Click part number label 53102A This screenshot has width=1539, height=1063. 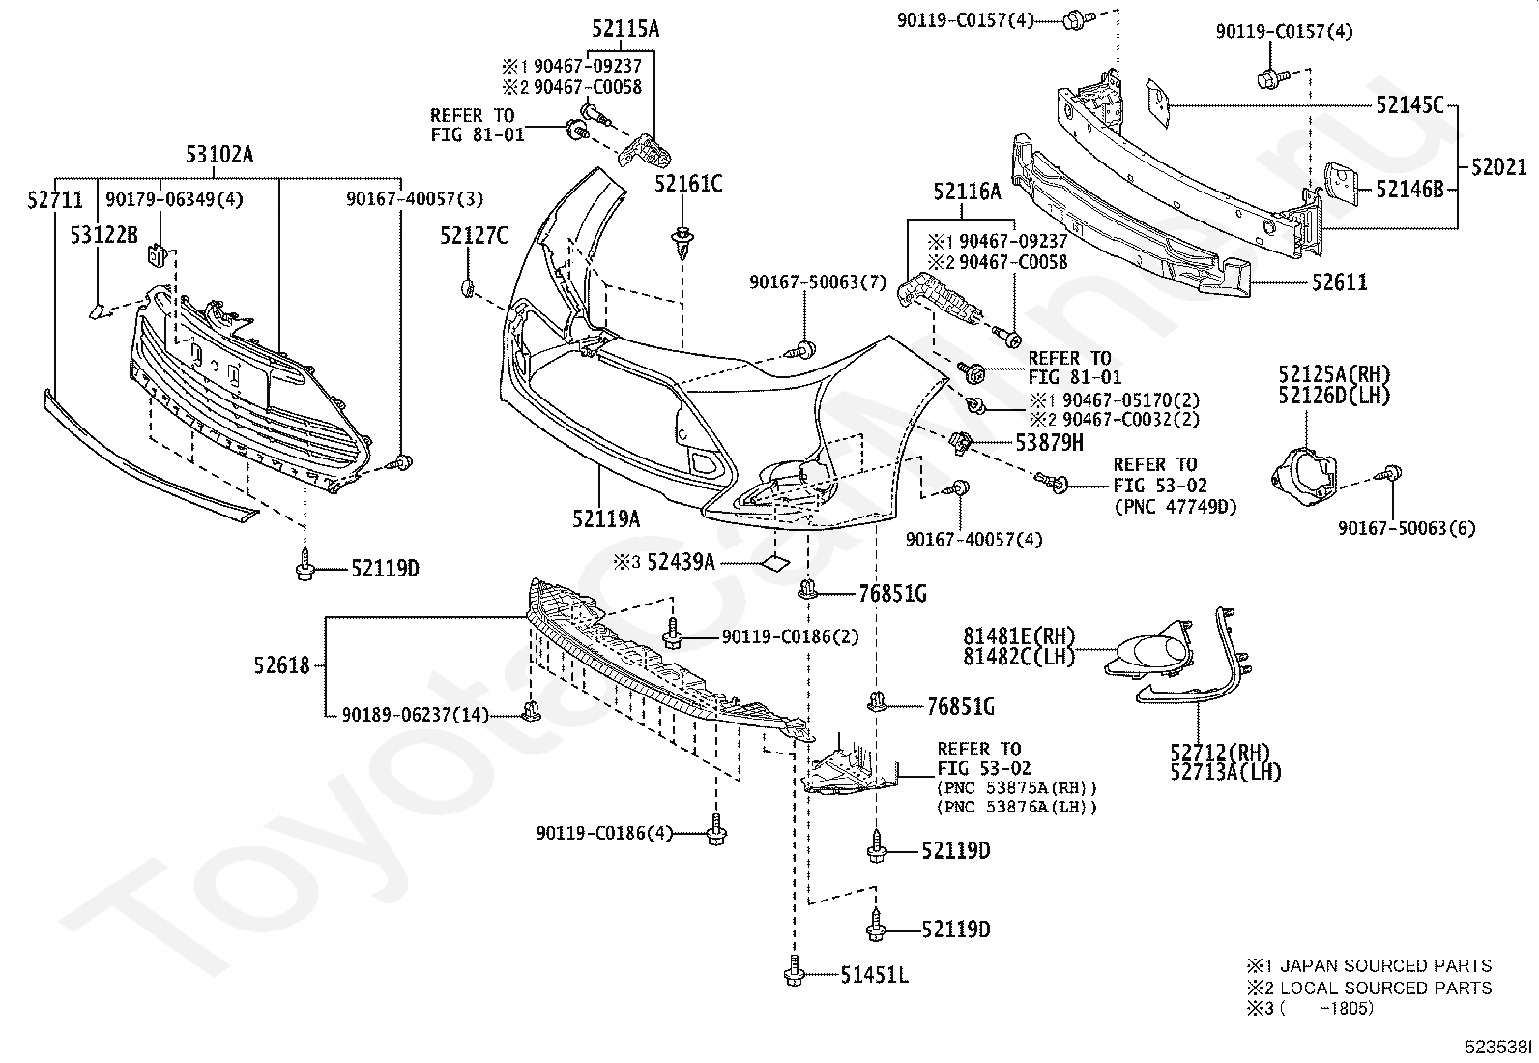point(219,155)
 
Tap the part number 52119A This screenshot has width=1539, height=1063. point(606,519)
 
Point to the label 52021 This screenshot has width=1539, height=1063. point(1498,166)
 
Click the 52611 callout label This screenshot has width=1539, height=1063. point(1339,282)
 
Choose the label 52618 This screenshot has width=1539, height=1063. point(282,665)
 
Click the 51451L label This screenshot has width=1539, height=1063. point(874,976)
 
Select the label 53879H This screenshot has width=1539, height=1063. point(1049,442)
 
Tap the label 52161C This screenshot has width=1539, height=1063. point(688,184)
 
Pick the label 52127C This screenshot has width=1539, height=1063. point(474,235)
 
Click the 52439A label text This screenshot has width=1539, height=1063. point(681,561)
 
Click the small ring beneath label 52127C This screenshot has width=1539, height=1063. point(466,287)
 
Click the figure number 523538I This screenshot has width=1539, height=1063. point(1496,1047)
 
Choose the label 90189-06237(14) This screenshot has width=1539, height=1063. point(416,715)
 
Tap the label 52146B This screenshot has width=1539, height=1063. point(1409,190)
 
